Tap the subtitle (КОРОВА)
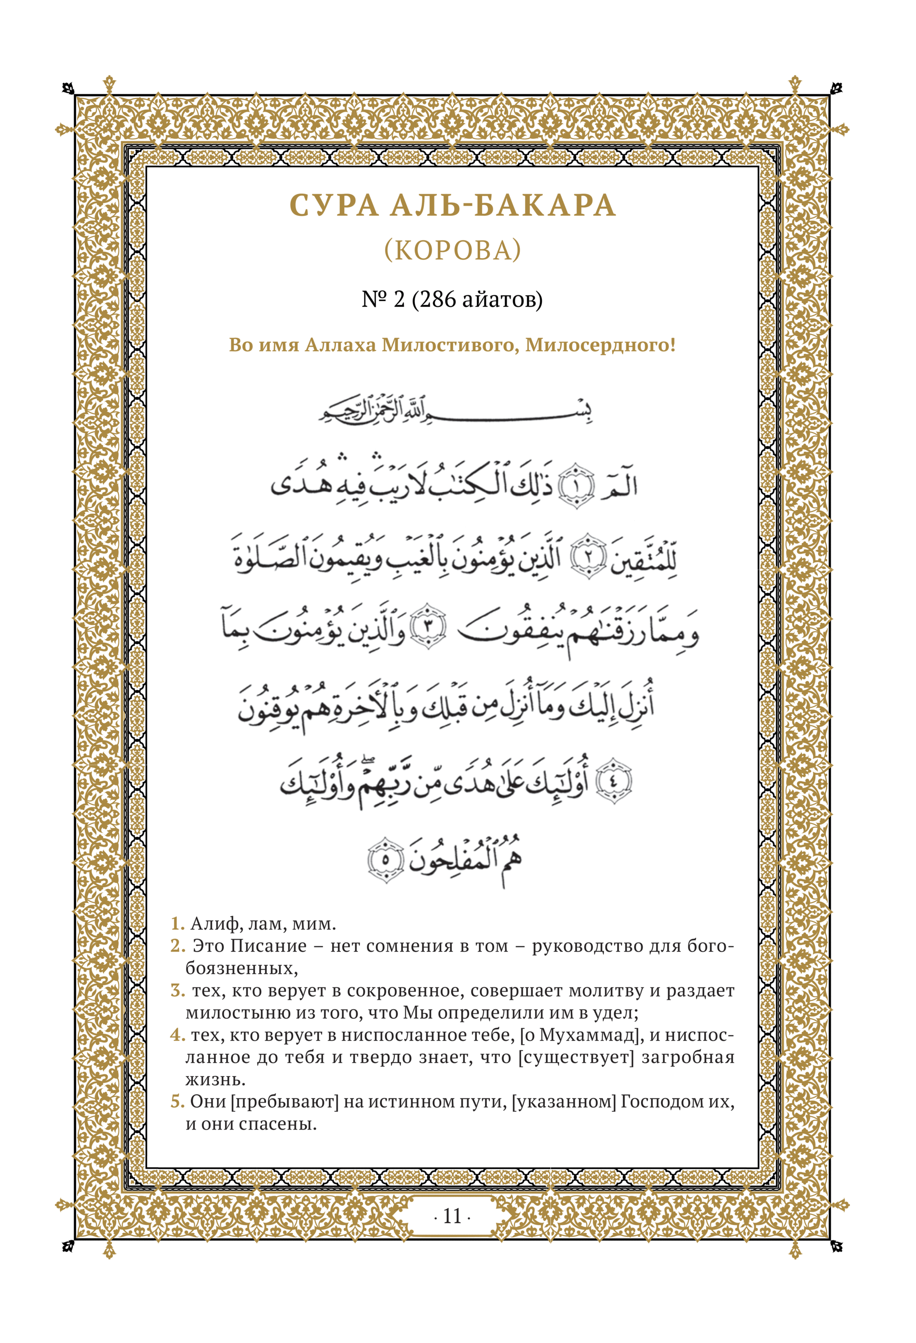(x=453, y=250)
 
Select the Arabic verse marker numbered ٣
(x=428, y=626)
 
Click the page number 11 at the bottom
(x=452, y=1216)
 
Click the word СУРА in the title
(x=334, y=205)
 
